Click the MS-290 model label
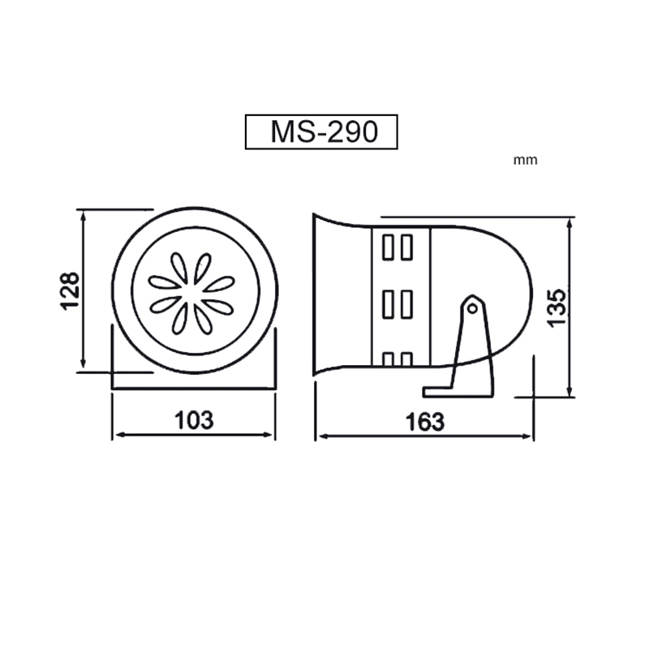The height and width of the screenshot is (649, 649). click(324, 131)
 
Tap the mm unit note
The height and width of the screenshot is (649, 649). click(525, 160)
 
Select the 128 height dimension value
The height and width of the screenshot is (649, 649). click(70, 290)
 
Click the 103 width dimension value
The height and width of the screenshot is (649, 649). click(194, 420)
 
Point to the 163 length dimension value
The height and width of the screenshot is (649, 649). click(424, 422)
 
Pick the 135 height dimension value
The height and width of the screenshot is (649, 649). click(557, 308)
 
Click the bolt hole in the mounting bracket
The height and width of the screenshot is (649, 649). click(472, 308)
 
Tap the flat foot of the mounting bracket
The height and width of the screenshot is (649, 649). click(458, 392)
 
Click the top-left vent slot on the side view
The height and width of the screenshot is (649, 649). click(388, 247)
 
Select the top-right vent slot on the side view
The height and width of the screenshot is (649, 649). click(407, 247)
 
